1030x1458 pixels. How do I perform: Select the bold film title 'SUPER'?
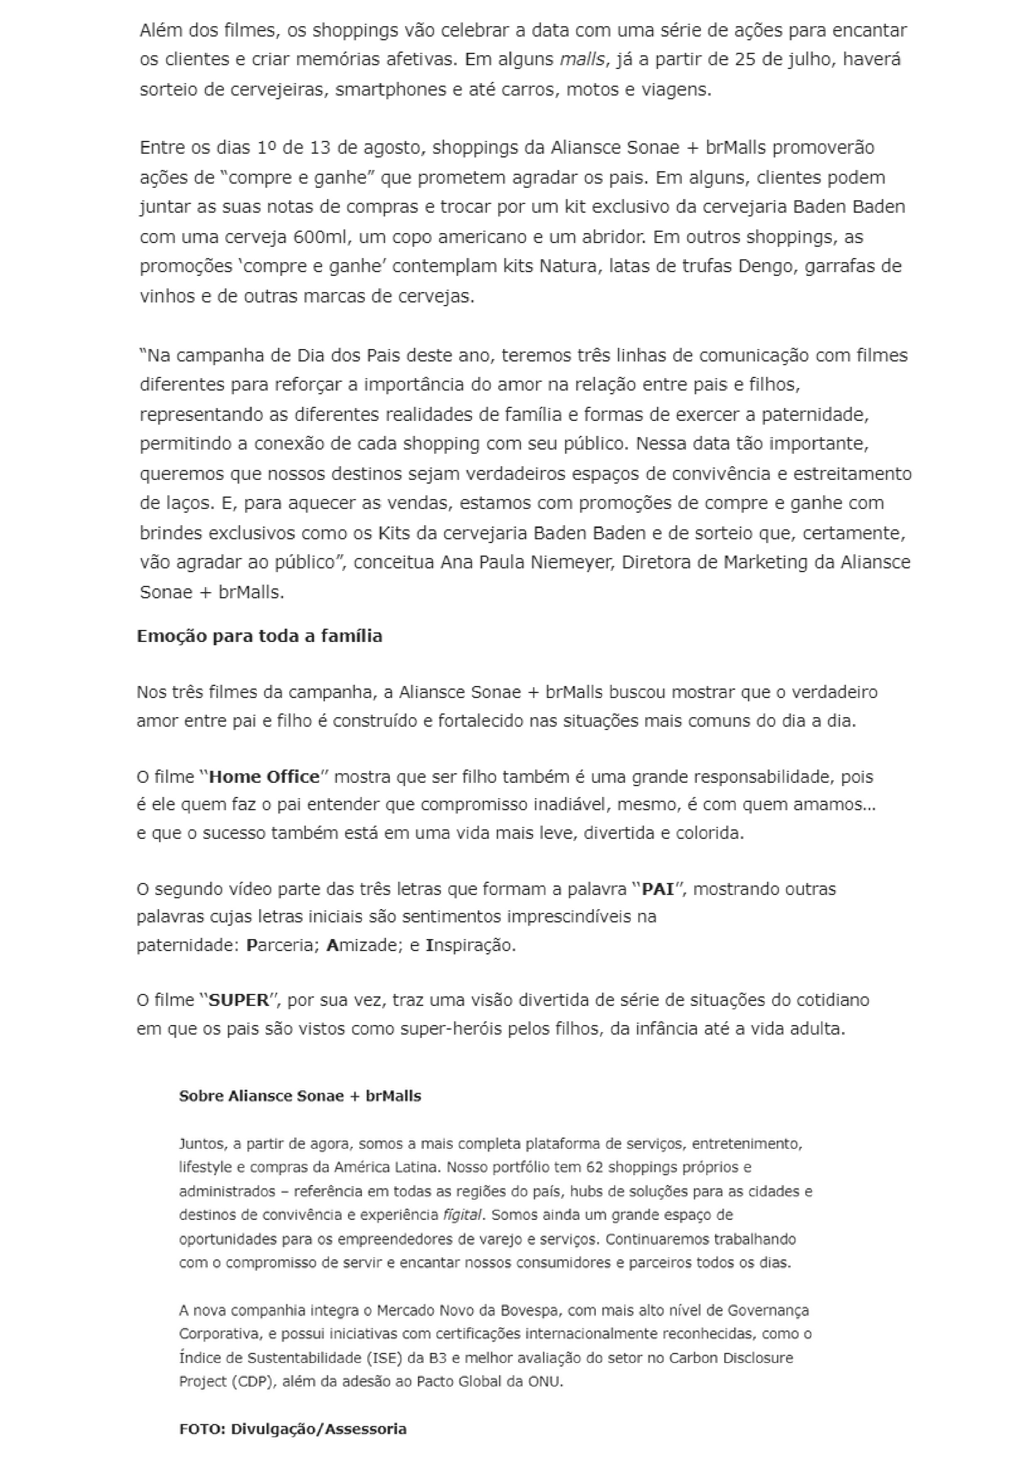tap(239, 1000)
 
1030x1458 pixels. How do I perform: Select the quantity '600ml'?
tap(321, 237)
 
